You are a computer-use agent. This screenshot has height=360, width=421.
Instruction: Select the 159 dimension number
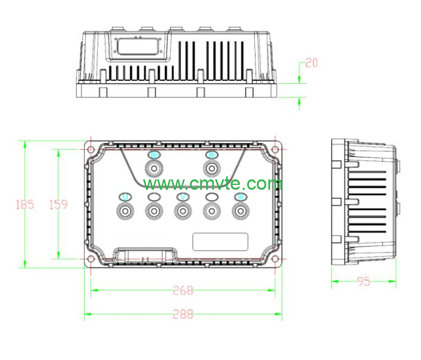click(x=58, y=204)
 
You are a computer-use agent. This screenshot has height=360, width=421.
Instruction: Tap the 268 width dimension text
click(x=183, y=291)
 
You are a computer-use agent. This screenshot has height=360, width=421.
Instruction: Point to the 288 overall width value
click(x=183, y=314)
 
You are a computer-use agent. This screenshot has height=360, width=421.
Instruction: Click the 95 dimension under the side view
click(x=363, y=282)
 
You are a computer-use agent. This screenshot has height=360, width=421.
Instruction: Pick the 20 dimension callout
click(x=311, y=63)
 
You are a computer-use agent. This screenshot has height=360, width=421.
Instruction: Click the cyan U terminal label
click(x=125, y=197)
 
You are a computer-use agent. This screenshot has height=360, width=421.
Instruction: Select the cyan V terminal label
click(x=182, y=197)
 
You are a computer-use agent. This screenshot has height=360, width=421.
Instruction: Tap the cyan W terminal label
click(x=240, y=197)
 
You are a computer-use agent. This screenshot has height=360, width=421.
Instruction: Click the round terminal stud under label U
click(x=125, y=211)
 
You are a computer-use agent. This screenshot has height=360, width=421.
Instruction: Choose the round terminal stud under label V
click(x=182, y=211)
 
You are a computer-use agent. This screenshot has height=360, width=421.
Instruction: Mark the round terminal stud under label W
click(x=240, y=211)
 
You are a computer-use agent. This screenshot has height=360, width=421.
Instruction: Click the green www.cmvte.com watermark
click(x=213, y=184)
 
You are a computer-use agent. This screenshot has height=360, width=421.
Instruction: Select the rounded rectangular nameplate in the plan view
click(x=220, y=241)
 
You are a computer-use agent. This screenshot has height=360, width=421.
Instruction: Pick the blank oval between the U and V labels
click(x=153, y=197)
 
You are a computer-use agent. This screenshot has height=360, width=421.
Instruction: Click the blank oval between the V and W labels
click(x=211, y=197)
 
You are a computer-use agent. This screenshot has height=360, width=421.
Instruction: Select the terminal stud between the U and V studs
click(x=153, y=211)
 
